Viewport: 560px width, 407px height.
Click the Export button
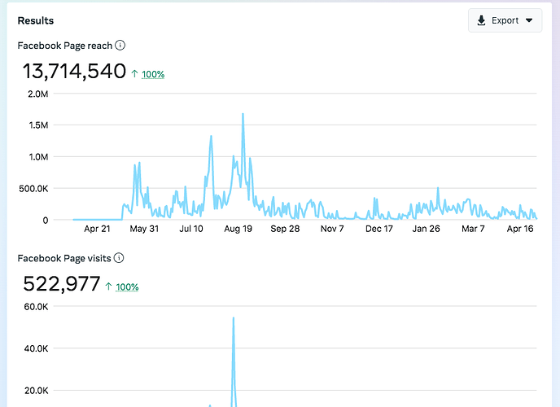(x=505, y=20)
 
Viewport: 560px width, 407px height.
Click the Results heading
(x=37, y=20)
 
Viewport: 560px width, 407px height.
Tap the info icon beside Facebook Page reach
(x=120, y=46)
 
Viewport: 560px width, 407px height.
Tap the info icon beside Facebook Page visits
(x=119, y=258)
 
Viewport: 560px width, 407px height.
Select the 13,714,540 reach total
(x=74, y=72)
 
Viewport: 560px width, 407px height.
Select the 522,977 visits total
(x=62, y=284)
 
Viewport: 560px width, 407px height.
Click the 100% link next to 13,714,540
(x=153, y=74)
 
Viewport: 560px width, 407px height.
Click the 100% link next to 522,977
(x=127, y=287)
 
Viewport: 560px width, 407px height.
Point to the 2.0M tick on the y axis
(x=37, y=94)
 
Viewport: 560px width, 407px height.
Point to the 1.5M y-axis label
(x=37, y=125)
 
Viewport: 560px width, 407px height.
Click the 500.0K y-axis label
(x=33, y=189)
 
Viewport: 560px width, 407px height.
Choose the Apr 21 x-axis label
(x=97, y=230)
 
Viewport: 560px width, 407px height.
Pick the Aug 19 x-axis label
(x=238, y=230)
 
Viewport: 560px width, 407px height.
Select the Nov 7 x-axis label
(x=332, y=230)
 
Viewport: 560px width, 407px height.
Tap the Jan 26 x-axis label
(x=426, y=230)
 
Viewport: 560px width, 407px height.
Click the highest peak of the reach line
(x=243, y=114)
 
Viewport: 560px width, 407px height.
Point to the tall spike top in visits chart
(x=234, y=317)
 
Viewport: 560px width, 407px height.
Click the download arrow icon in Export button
(x=482, y=20)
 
